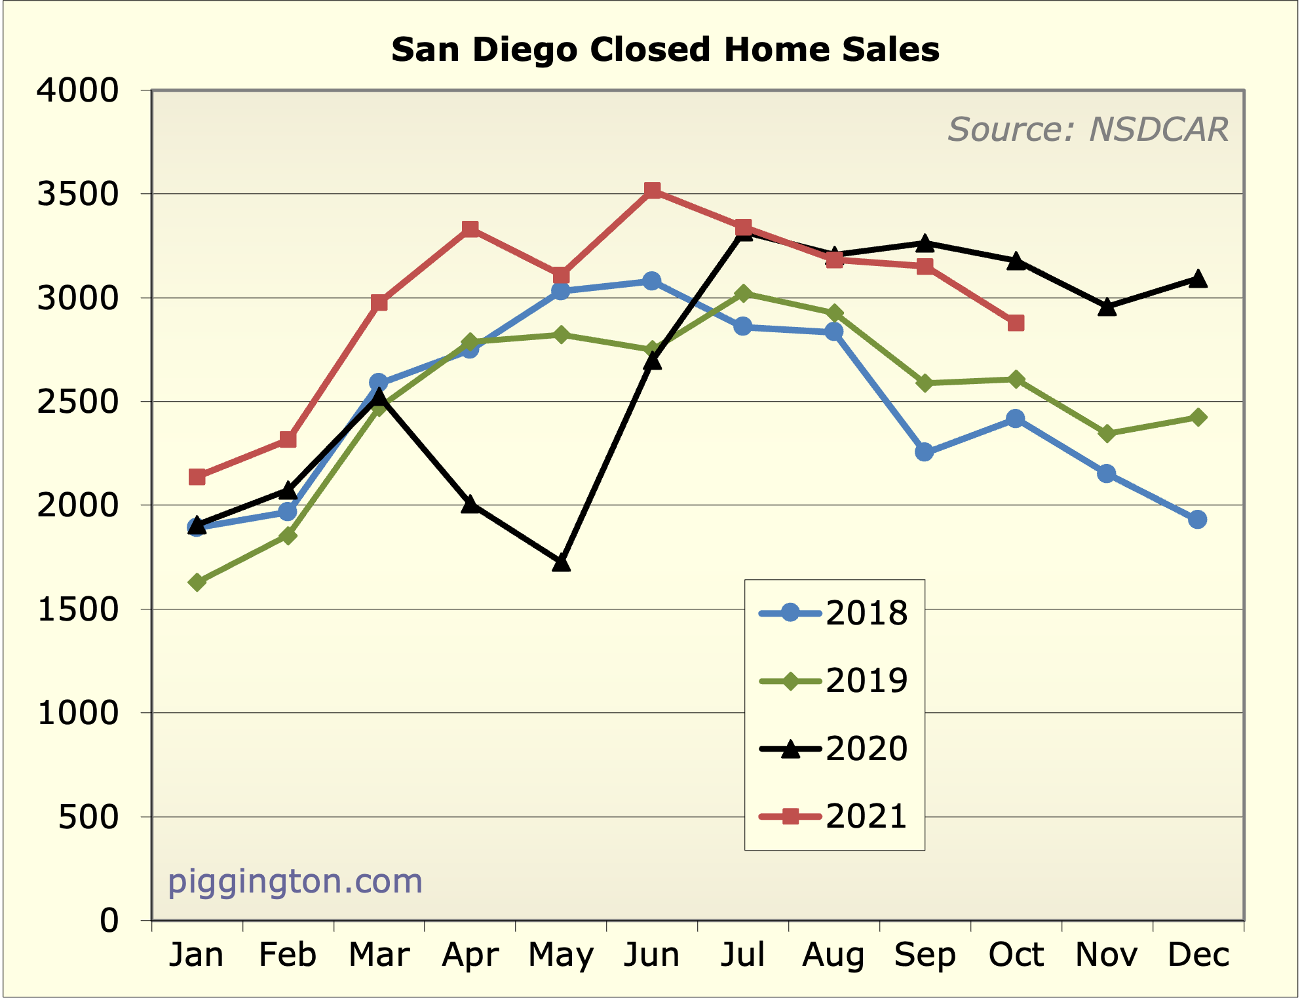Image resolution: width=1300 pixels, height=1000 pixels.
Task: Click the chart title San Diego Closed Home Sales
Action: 665,50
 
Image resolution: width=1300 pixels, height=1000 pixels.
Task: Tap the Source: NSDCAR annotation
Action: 1088,129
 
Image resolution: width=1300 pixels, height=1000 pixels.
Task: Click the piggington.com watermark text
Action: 295,881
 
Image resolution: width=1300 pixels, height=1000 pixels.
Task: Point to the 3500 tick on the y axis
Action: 77,195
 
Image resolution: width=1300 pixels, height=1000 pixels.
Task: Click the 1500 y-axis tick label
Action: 77,610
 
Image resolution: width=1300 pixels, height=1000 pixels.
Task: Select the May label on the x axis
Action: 561,955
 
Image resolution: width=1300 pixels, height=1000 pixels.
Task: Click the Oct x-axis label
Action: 1016,955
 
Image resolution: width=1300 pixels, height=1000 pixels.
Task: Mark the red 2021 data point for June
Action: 652,191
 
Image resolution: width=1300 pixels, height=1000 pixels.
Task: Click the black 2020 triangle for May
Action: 561,563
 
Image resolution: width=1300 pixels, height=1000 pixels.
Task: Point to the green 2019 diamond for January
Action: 197,582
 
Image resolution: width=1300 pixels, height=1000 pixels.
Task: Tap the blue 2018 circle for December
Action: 1197,520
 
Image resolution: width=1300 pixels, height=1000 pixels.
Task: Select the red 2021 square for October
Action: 1016,323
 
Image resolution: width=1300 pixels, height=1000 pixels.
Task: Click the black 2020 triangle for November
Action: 1107,307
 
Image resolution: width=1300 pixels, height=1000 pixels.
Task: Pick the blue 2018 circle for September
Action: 925,452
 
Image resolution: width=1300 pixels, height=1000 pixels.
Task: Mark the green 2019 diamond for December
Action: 1198,417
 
